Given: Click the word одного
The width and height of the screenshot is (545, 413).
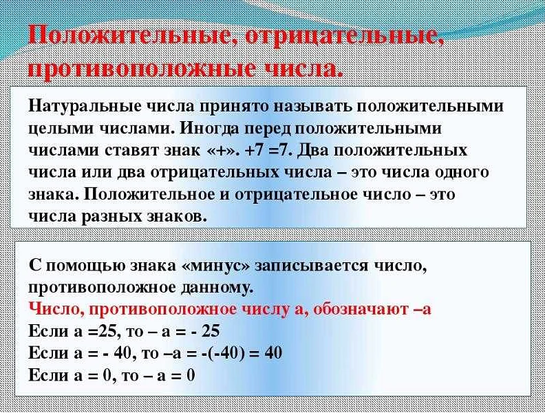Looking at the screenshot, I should coord(458,172).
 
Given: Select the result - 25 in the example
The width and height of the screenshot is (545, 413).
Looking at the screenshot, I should coord(206,330).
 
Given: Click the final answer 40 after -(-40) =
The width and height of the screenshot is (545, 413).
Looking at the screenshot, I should coord(272,353).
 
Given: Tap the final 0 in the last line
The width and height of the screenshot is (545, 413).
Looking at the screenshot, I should coord(191,376).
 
